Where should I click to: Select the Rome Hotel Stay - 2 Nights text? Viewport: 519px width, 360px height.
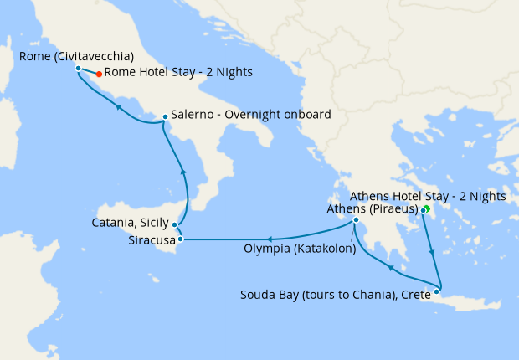pyautogui.click(x=178, y=73)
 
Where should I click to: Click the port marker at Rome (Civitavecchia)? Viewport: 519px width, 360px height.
pyautogui.click(x=78, y=68)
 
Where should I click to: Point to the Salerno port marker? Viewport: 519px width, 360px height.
pyautogui.click(x=165, y=116)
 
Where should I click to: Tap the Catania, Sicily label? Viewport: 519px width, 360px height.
pyautogui.click(x=129, y=224)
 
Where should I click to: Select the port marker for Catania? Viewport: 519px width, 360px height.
pyautogui.click(x=174, y=224)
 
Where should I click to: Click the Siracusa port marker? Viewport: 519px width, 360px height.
pyautogui.click(x=180, y=239)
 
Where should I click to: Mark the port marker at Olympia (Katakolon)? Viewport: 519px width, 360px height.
pyautogui.click(x=356, y=221)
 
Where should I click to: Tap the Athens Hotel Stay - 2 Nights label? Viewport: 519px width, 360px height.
pyautogui.click(x=427, y=196)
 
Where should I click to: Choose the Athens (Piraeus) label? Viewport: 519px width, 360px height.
pyautogui.click(x=373, y=208)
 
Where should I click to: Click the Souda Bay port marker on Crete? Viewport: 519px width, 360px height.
pyautogui.click(x=437, y=291)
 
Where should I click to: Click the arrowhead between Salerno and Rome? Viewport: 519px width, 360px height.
pyautogui.click(x=120, y=107)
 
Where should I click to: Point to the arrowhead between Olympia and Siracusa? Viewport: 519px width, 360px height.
pyautogui.click(x=270, y=239)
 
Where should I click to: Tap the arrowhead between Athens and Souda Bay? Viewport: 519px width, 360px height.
pyautogui.click(x=431, y=252)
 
